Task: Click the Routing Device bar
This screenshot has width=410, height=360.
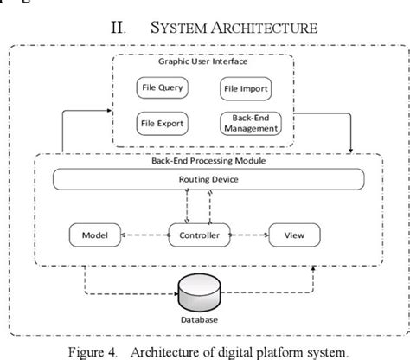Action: [x=204, y=180]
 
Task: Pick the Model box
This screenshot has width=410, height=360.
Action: [x=93, y=235]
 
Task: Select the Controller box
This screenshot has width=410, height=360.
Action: [x=205, y=235]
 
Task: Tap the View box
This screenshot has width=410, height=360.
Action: [x=295, y=235]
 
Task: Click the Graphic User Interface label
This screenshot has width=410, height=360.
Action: [x=202, y=62]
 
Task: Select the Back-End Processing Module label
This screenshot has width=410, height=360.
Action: [x=204, y=161]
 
